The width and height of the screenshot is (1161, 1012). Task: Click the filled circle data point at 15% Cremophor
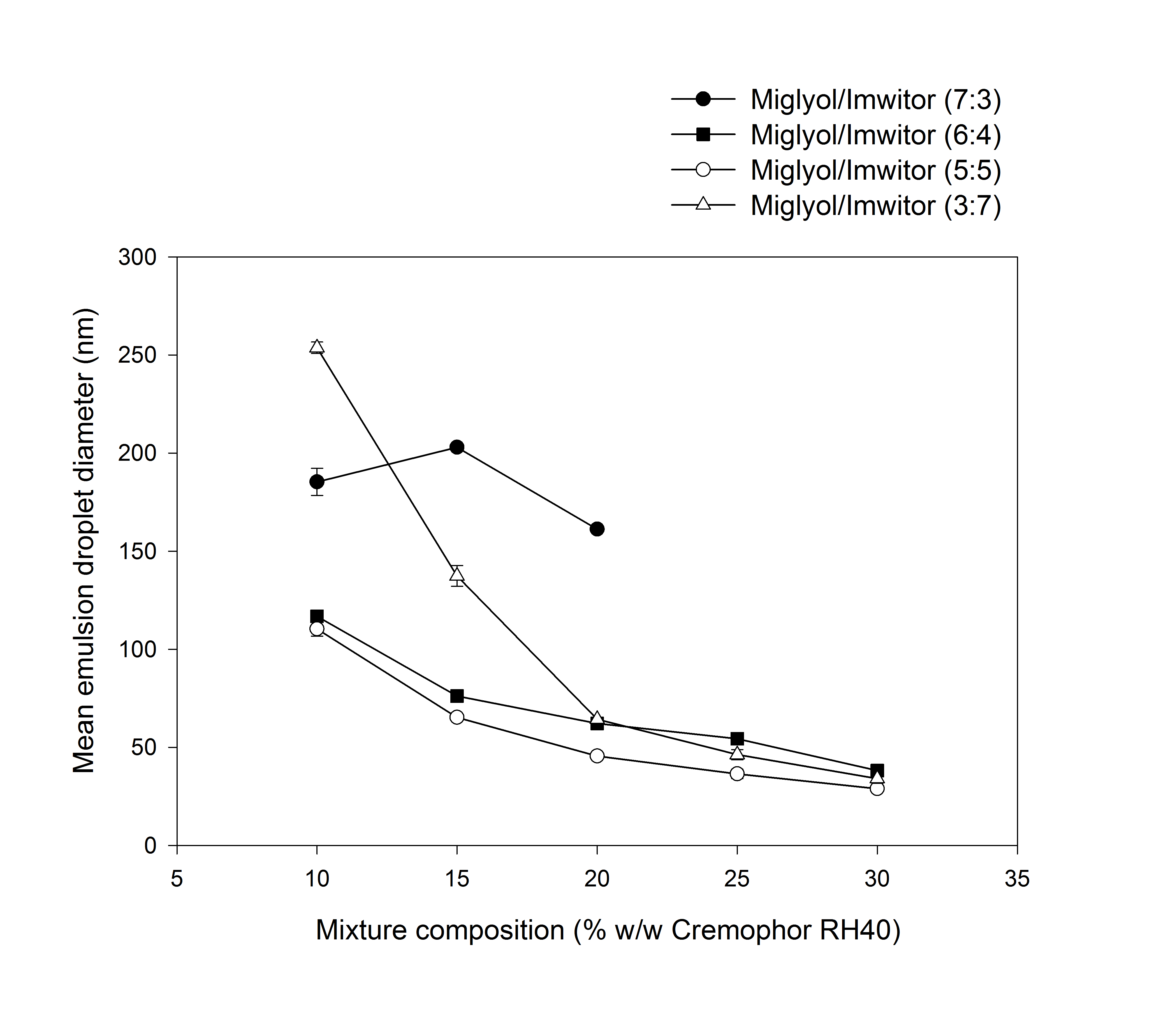(x=457, y=447)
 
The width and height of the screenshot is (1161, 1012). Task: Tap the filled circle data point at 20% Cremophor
(x=597, y=529)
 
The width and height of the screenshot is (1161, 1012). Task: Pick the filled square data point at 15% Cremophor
(x=457, y=696)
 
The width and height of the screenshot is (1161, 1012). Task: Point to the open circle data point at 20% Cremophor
(x=597, y=756)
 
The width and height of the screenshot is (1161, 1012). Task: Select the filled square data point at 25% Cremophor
(x=737, y=739)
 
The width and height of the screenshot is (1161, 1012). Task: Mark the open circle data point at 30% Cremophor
(x=877, y=788)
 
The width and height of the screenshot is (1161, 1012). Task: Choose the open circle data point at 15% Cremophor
(x=457, y=717)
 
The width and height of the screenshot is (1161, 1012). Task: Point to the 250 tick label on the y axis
(x=137, y=355)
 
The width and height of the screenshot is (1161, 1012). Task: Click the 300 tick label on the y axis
(x=137, y=257)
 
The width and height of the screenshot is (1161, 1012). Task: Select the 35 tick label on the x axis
(x=1017, y=879)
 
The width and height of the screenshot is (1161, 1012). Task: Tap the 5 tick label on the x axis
(x=177, y=879)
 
